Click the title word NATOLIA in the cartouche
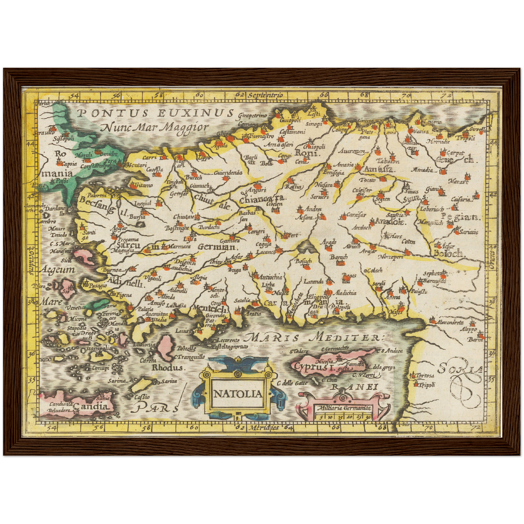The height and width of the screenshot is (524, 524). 238,394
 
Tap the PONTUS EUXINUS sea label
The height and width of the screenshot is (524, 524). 156,113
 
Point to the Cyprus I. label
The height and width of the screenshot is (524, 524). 313,366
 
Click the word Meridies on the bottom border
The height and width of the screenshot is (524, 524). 264,428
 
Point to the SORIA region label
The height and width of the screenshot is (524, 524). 460,369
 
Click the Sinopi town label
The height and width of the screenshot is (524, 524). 314,124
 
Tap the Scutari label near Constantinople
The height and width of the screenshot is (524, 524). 135,165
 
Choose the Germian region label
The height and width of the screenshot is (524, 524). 216,247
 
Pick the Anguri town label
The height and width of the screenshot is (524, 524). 257,190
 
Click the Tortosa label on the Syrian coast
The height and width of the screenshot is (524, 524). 425,376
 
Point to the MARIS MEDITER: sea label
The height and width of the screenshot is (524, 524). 312,338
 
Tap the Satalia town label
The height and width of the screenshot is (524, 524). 242,300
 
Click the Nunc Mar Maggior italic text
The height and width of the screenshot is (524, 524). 155,127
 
